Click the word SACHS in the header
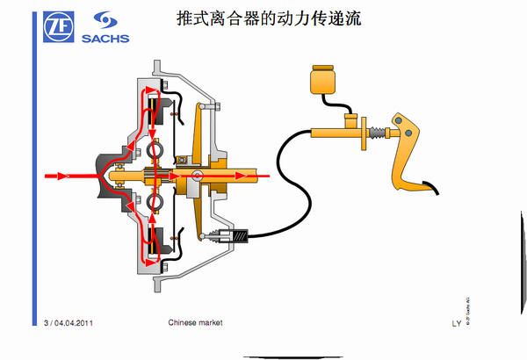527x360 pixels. pyautogui.click(x=105, y=38)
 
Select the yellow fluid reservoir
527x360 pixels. pyautogui.click(x=322, y=82)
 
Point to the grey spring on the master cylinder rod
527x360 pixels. pyautogui.click(x=379, y=133)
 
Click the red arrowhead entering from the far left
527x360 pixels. pyautogui.click(x=62, y=176)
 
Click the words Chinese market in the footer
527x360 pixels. pyautogui.click(x=195, y=322)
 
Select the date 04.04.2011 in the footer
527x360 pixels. pyautogui.click(x=73, y=323)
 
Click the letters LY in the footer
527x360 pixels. pyautogui.click(x=456, y=323)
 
